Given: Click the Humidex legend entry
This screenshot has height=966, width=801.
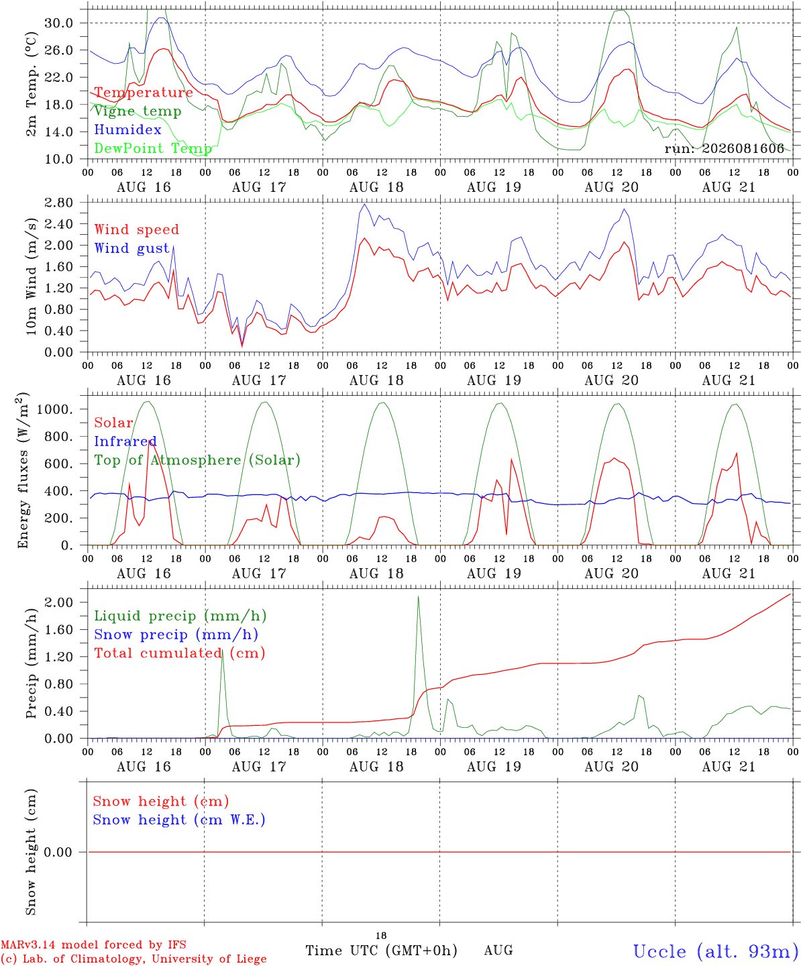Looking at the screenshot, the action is click(x=127, y=129).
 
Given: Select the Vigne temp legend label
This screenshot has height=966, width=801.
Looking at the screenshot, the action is click(x=138, y=111).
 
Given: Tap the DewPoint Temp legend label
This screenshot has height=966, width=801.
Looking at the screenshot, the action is click(x=153, y=148).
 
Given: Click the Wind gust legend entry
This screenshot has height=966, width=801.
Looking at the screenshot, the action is click(x=132, y=248).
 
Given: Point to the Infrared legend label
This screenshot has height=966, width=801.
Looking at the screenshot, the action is click(x=125, y=441).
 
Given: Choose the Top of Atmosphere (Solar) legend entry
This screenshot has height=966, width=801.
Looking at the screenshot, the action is click(x=197, y=460).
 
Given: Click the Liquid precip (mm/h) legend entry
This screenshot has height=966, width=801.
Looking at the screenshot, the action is click(x=180, y=616).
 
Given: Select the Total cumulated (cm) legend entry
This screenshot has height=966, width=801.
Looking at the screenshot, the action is click(x=180, y=653).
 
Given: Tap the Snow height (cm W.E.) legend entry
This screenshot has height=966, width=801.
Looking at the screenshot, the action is click(x=179, y=820).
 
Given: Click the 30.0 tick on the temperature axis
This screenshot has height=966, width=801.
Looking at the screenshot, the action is click(x=58, y=23).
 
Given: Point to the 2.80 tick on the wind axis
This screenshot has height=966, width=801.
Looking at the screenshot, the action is click(x=58, y=203).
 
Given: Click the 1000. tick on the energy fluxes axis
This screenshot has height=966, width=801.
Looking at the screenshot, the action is click(x=54, y=409).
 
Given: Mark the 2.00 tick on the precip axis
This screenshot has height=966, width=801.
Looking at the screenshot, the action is click(x=58, y=602).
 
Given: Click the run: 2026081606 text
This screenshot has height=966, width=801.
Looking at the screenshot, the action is click(x=725, y=148).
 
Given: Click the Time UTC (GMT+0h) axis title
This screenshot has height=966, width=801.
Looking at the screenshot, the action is click(x=381, y=951).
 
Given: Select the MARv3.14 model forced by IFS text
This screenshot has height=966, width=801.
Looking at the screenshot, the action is click(x=93, y=945).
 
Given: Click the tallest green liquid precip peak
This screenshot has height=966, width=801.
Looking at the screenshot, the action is click(x=419, y=597).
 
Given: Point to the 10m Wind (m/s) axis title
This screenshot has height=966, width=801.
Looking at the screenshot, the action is click(x=31, y=276).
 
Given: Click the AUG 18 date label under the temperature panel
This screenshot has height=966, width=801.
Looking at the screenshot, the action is click(x=376, y=187).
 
